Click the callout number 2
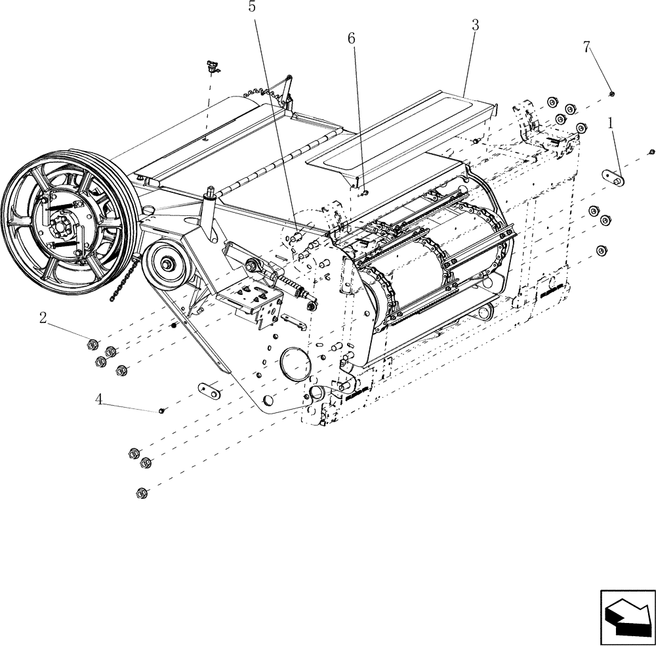pyautogui.click(x=43, y=318)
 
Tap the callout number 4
pyautogui.click(x=99, y=399)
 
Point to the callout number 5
pyautogui.click(x=252, y=7)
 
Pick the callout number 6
pyautogui.click(x=352, y=38)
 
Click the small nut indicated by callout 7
pyautogui.click(x=611, y=94)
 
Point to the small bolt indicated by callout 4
pyautogui.click(x=161, y=411)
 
